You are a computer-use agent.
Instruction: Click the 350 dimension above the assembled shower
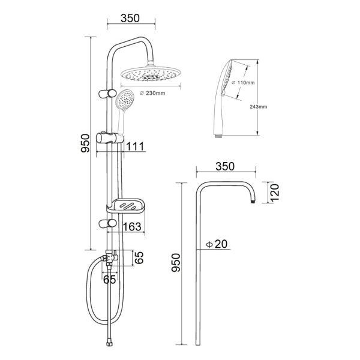point(130,18)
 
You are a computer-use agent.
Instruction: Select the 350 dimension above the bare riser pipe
point(225,166)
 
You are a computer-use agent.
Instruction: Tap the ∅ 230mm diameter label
point(152,93)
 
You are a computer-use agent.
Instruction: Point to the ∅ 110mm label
point(243,82)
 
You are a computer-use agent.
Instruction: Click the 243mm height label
point(259,107)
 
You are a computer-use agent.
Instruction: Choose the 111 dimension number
point(135,146)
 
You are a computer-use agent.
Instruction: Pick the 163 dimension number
point(132,227)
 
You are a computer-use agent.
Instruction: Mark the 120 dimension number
point(274,193)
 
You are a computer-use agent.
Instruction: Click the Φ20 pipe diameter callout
point(217,244)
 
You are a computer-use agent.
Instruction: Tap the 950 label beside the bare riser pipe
point(176,262)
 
